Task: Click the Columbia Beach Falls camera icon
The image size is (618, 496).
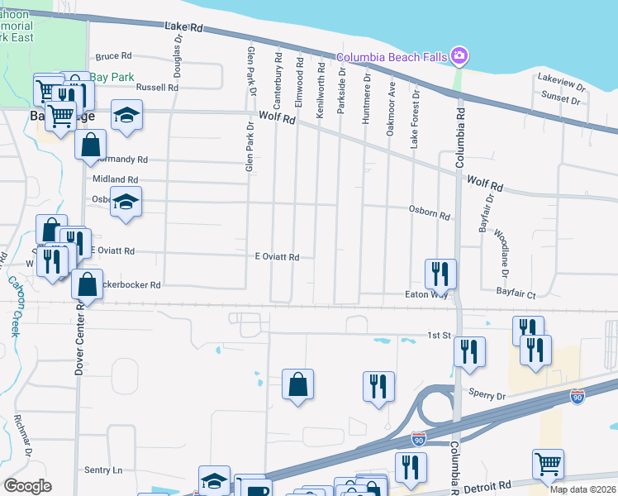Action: coord(459,56)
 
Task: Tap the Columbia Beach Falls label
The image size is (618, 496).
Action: coord(391,56)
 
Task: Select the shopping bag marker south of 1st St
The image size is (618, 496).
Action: coord(297,384)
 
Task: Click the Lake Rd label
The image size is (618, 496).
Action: coord(183,27)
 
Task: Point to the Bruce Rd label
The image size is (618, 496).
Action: coord(114,57)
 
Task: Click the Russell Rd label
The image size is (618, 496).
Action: coord(157,87)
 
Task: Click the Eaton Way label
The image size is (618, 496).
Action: coord(426,293)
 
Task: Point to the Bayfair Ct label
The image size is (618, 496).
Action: coord(516,293)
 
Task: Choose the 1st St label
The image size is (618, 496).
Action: coord(437,335)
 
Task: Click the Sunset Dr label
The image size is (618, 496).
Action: coord(562,98)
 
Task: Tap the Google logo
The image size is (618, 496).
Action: coord(27,486)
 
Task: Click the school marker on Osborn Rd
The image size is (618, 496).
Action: coord(126,202)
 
